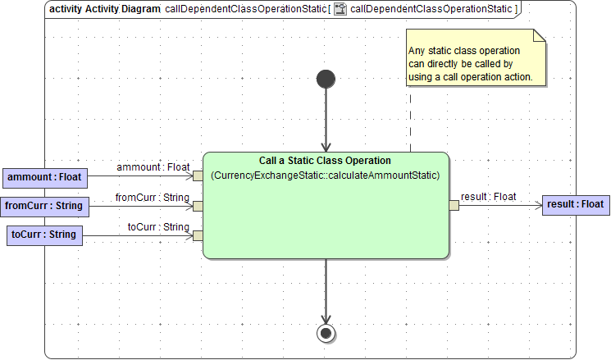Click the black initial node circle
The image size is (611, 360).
[x=326, y=79]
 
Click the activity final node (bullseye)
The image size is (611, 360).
[x=326, y=333]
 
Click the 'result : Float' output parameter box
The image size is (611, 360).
[x=574, y=204]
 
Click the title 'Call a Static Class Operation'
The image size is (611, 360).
[x=326, y=161]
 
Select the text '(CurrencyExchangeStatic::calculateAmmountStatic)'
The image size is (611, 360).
[x=326, y=175]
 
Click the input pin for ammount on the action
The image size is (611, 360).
[x=198, y=175]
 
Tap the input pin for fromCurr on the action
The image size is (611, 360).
[x=198, y=206]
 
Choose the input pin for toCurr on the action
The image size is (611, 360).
[x=198, y=236]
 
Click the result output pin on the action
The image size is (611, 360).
[x=454, y=205]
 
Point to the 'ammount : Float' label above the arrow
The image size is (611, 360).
[x=153, y=167]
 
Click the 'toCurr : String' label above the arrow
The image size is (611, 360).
[x=158, y=226]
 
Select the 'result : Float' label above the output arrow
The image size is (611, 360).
[x=489, y=197]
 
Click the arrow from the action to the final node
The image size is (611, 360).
[x=326, y=291]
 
